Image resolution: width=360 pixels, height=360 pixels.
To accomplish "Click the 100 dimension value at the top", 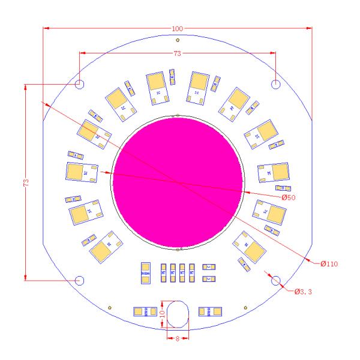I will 178,29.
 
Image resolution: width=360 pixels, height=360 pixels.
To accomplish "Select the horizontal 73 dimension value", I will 178,54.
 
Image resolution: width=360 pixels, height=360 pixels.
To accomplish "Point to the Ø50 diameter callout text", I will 289,196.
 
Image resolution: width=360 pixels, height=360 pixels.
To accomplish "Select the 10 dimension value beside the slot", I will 161,314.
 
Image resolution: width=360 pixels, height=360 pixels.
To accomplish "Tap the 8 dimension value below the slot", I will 177,338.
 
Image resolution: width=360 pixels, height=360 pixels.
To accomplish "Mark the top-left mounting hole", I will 80,84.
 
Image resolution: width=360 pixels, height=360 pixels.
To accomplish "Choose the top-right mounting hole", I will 275,84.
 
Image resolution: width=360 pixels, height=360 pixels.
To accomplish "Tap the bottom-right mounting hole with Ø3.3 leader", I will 275,280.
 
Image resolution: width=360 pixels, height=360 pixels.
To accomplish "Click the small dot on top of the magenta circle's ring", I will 173,116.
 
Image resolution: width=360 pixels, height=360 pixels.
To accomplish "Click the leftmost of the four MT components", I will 164,272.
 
